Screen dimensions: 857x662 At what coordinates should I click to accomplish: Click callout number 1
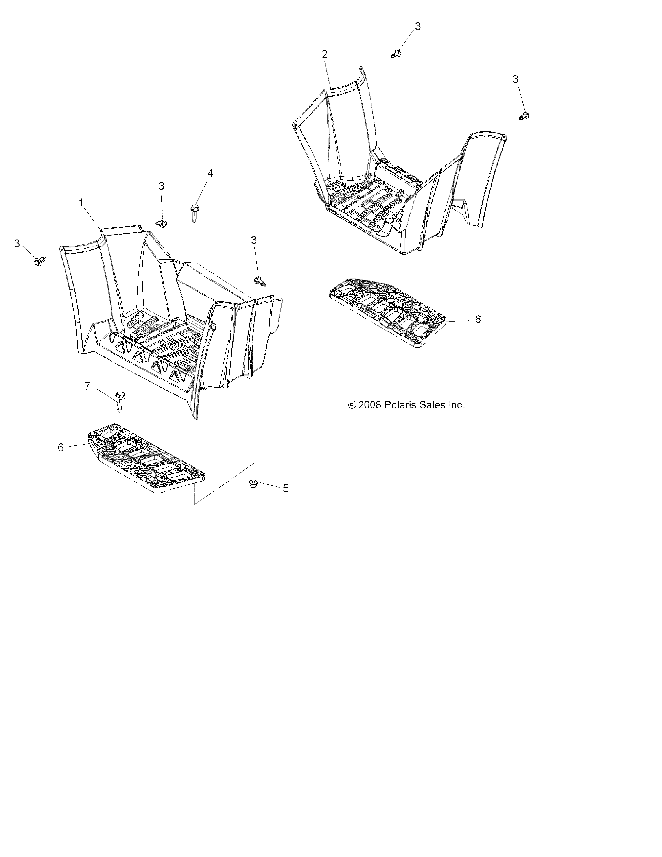point(81,203)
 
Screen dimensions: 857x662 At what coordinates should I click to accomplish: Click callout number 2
point(325,54)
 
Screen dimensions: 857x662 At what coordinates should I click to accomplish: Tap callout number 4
point(210,173)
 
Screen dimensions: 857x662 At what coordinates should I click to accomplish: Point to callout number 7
point(87,387)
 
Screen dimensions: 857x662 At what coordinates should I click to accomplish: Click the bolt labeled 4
point(194,212)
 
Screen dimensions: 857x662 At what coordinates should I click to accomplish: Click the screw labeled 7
point(119,400)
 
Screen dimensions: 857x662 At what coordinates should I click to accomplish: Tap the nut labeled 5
point(254,483)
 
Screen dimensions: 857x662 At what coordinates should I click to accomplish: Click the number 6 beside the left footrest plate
point(61,447)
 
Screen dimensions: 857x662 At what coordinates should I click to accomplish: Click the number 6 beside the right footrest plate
point(478,319)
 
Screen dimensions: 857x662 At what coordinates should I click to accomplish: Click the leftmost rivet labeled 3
point(40,261)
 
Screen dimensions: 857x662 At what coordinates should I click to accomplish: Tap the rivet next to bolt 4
point(162,223)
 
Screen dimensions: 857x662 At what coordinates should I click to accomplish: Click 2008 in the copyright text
point(369,405)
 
